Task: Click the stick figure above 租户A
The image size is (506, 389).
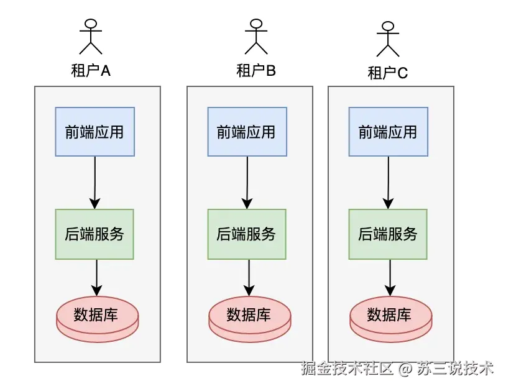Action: [x=91, y=37]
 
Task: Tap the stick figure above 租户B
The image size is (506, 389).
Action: [x=255, y=36]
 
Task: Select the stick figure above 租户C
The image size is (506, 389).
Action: [x=388, y=39]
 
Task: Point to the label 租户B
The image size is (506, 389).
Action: [x=255, y=70]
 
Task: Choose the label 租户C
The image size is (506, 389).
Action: [x=388, y=73]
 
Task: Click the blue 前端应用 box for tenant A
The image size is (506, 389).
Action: [x=94, y=132]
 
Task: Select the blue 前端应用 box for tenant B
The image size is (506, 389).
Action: [x=247, y=132]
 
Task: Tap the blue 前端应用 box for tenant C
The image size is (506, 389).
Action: [x=389, y=132]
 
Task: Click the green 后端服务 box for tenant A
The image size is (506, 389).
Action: [x=94, y=234]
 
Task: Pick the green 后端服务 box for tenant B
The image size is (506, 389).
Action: [x=247, y=234]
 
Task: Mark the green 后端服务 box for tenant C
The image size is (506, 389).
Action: [x=389, y=234]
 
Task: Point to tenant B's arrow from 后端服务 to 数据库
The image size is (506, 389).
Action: [x=249, y=277]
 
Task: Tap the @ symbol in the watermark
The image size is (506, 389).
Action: [x=405, y=369]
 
